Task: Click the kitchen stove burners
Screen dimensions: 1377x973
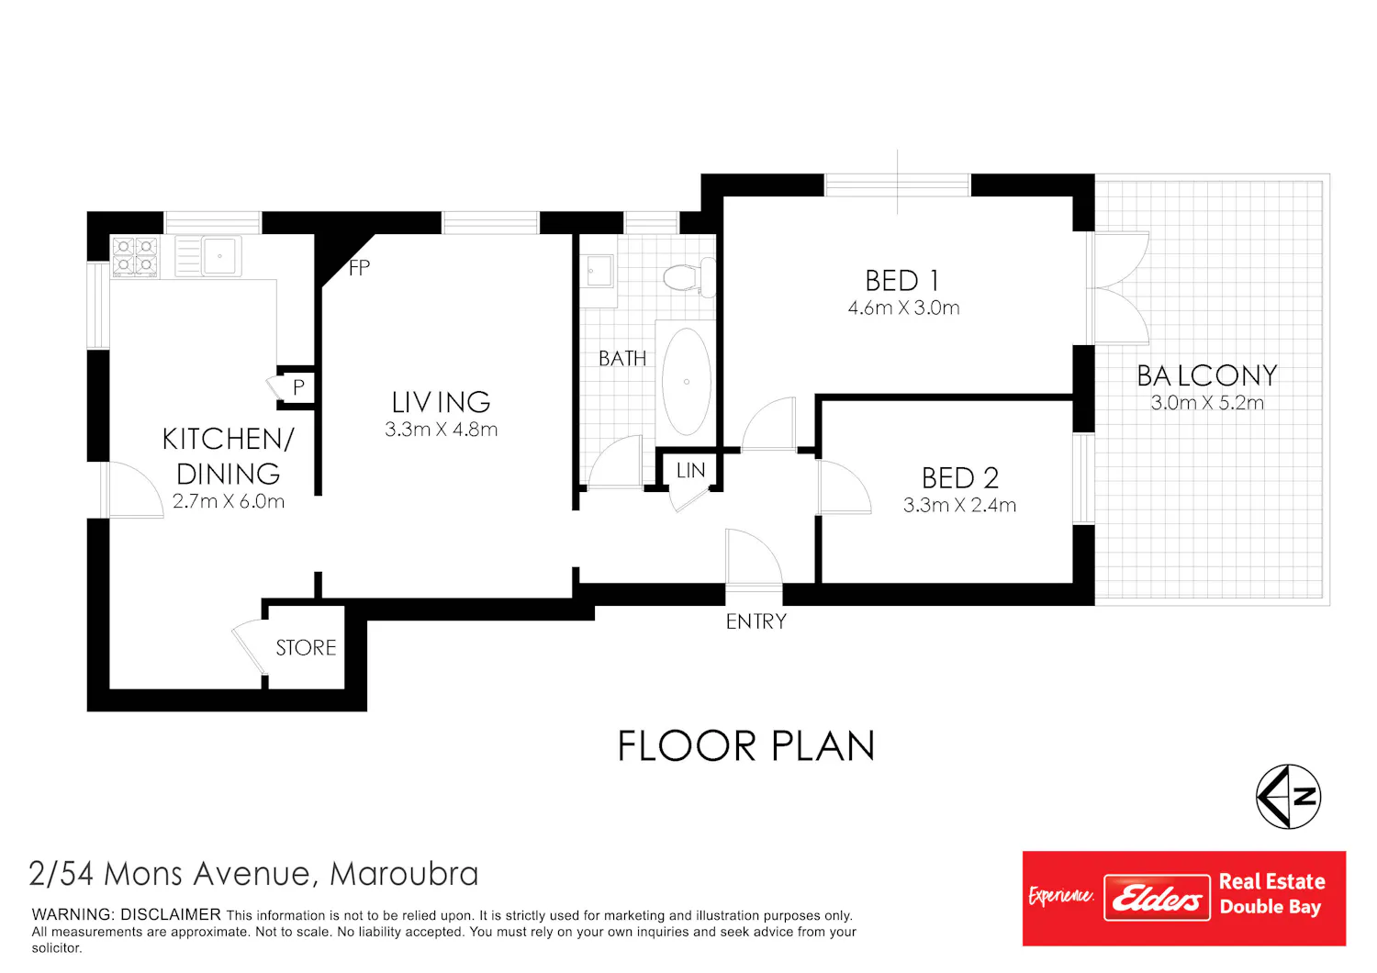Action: click(135, 256)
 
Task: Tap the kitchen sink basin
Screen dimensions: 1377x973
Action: click(219, 256)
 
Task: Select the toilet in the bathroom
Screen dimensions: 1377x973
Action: click(689, 277)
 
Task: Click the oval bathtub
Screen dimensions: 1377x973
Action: click(686, 382)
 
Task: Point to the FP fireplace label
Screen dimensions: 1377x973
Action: click(360, 268)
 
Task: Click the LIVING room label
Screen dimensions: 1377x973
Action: click(441, 403)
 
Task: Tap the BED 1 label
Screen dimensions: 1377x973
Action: click(901, 281)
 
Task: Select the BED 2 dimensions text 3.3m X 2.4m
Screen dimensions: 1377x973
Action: click(959, 505)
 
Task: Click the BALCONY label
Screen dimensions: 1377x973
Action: click(1207, 375)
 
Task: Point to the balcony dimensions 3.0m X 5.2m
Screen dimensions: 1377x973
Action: click(1207, 403)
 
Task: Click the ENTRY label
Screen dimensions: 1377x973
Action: click(756, 621)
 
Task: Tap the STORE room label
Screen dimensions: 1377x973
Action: click(306, 648)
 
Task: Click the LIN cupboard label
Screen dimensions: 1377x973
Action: click(690, 471)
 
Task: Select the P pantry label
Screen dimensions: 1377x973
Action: click(298, 387)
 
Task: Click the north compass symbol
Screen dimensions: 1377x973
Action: click(1288, 797)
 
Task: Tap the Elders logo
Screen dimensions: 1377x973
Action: click(1157, 898)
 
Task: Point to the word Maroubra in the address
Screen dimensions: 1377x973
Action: click(404, 874)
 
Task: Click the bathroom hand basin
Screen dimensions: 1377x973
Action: click(599, 271)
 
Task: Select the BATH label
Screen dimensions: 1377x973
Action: click(622, 358)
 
